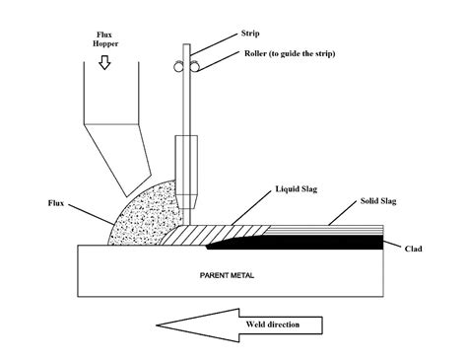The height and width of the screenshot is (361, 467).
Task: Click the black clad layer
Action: (x=325, y=241)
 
